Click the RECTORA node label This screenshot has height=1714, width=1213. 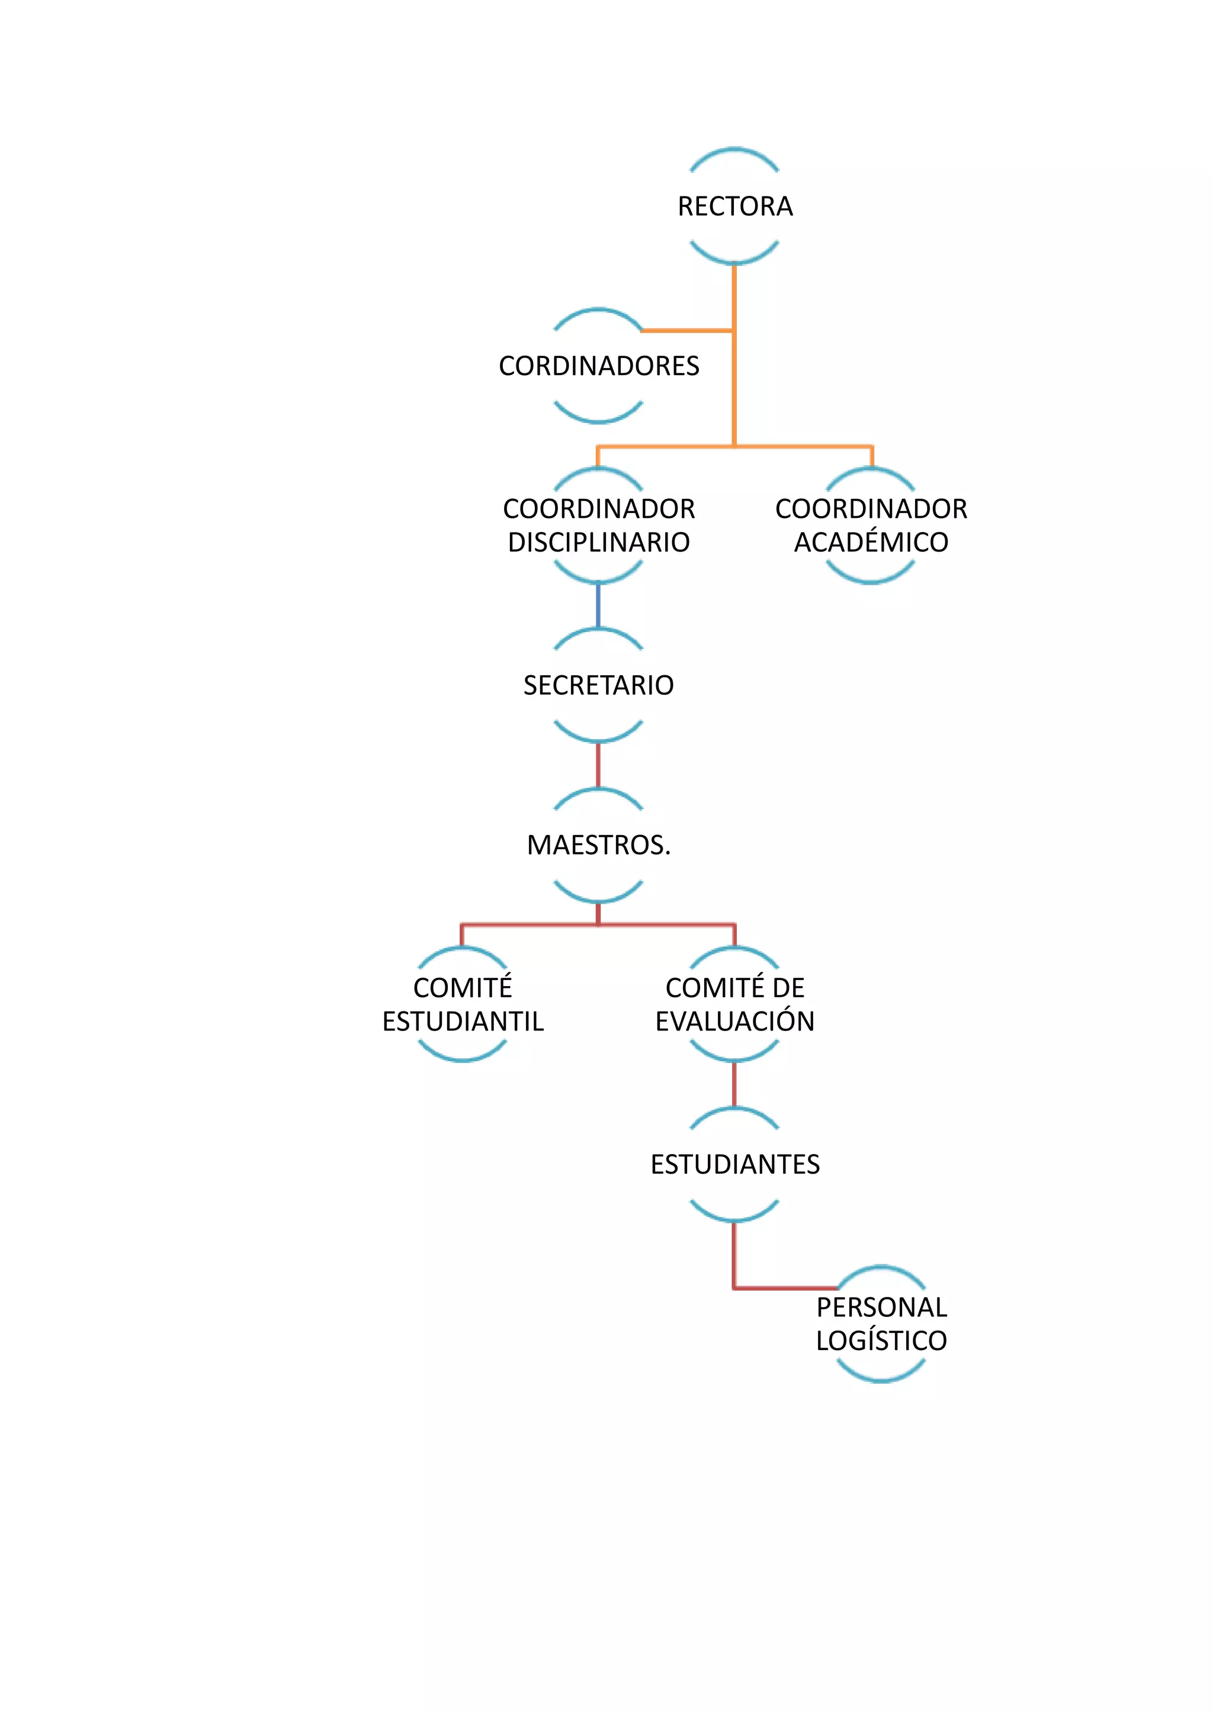pyautogui.click(x=735, y=206)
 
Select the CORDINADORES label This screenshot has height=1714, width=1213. pyautogui.click(x=599, y=366)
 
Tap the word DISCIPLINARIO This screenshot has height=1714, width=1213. pyautogui.click(x=599, y=542)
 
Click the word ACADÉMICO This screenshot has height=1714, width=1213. pyautogui.click(x=871, y=542)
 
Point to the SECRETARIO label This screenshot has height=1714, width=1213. pyautogui.click(x=598, y=685)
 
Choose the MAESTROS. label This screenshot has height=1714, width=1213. pyautogui.click(x=599, y=845)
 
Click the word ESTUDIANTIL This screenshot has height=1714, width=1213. pyautogui.click(x=463, y=1021)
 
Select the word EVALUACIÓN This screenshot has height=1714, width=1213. pyautogui.click(x=735, y=1021)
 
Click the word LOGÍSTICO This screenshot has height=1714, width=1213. pyautogui.click(x=881, y=1341)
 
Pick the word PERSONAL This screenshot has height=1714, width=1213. pyautogui.click(x=881, y=1308)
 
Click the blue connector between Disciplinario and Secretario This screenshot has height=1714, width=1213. pyautogui.click(x=598, y=605)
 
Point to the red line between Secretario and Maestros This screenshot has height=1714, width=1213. pyautogui.click(x=598, y=765)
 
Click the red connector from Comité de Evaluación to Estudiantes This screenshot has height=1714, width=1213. pyautogui.click(x=734, y=1084)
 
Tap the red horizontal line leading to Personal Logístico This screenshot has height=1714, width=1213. pyautogui.click(x=784, y=1288)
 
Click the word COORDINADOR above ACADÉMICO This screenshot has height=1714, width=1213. pyautogui.click(x=871, y=509)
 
